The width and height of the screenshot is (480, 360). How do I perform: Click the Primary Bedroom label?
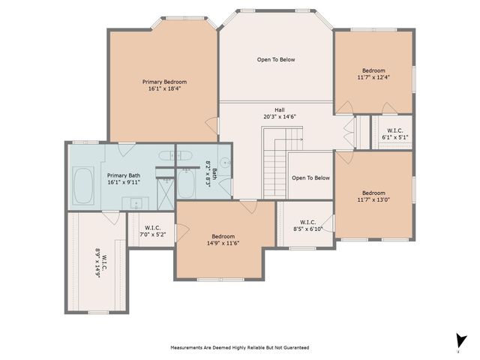coord(164,82)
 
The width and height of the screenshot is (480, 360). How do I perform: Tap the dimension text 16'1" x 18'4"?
coord(164,88)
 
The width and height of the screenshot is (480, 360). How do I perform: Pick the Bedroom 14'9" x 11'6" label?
coord(223,239)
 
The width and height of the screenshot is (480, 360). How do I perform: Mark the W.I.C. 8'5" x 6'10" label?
coord(306,225)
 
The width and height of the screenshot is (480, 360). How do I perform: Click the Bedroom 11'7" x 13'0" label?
coord(373,196)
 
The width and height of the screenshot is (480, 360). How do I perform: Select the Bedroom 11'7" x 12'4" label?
coord(373,73)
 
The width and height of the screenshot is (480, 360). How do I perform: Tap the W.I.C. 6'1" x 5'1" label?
coord(394,134)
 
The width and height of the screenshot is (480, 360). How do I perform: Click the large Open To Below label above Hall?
coord(276,59)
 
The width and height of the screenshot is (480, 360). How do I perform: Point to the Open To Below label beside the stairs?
coord(310,178)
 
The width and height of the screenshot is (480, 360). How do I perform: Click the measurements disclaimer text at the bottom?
coord(239,347)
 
